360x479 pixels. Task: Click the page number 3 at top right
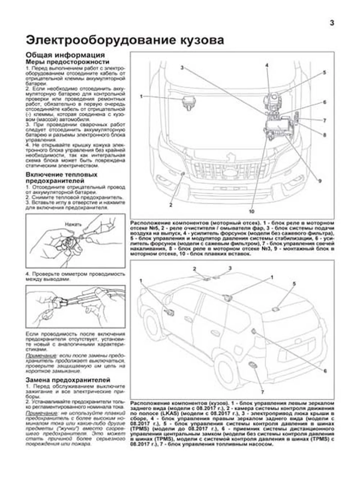click(332, 23)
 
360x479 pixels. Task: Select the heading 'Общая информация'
click(65, 55)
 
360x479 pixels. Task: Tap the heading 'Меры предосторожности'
click(67, 62)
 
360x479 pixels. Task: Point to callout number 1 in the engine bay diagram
click(141, 96)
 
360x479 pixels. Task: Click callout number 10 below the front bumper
click(251, 211)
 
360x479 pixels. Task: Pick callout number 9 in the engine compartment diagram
click(320, 181)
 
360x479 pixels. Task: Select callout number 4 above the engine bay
click(267, 65)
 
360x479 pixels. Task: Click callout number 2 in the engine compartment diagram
click(171, 205)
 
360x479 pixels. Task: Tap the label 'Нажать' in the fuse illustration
click(73, 224)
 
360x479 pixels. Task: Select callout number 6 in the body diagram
click(325, 371)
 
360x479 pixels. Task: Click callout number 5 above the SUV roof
click(294, 283)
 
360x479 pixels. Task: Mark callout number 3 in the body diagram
click(230, 268)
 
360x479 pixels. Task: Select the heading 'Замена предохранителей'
click(68, 380)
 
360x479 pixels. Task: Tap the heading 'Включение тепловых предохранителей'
click(61, 178)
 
